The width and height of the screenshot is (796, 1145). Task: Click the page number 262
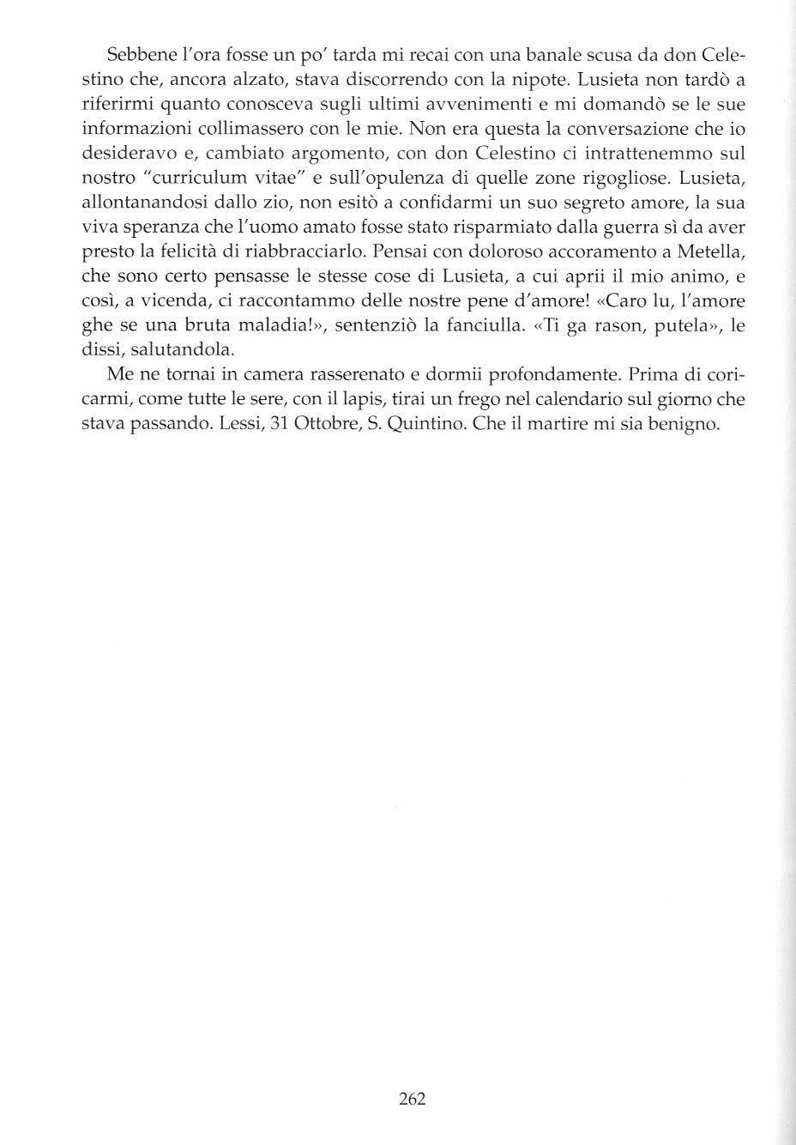click(413, 1099)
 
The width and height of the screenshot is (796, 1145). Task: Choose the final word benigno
click(682, 424)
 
